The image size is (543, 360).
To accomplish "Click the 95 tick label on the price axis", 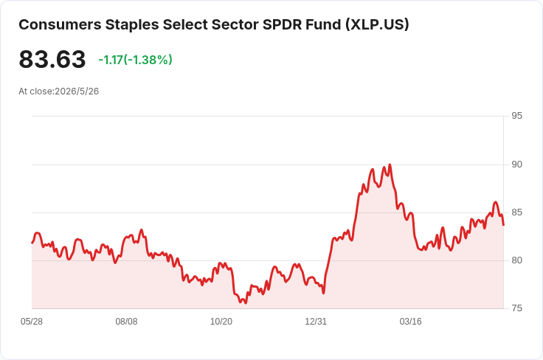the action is click(x=516, y=116).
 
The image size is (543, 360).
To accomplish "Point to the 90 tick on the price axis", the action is click(x=516, y=165).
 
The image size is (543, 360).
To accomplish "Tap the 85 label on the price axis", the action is click(x=516, y=212).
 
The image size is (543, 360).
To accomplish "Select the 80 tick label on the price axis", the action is click(x=516, y=260).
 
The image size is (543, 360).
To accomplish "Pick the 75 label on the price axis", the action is click(x=516, y=308).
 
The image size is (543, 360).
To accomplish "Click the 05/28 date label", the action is click(x=32, y=322).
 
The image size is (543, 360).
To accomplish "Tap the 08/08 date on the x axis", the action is click(x=126, y=322).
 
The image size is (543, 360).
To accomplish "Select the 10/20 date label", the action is click(x=221, y=322).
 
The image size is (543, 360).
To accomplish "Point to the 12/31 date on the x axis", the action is click(x=316, y=322).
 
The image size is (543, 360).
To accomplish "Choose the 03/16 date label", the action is click(x=411, y=322).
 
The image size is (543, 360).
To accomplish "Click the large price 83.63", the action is click(x=52, y=59).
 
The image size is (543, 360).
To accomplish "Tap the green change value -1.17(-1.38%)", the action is click(x=136, y=60).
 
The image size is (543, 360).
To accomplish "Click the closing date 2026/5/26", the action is click(x=77, y=91).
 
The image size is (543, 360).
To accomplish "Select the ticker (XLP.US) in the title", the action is click(x=377, y=25).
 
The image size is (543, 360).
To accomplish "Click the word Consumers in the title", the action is click(x=60, y=25).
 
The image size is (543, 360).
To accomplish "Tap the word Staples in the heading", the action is click(x=132, y=25).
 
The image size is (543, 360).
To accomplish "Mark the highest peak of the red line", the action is click(x=390, y=165).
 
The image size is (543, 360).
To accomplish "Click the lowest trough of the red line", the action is click(x=246, y=303).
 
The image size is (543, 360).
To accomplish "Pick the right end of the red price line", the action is click(x=503, y=225).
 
